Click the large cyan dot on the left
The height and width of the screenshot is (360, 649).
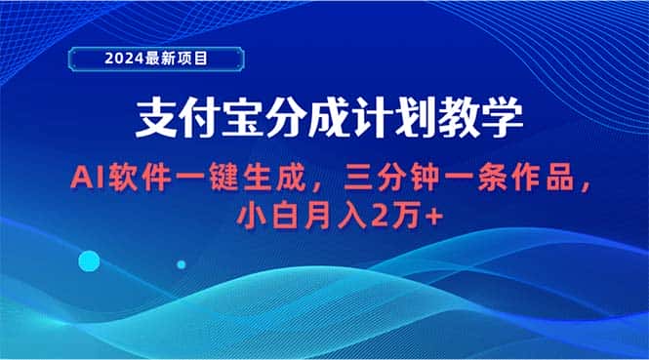90,260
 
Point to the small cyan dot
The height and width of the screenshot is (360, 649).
181,263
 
